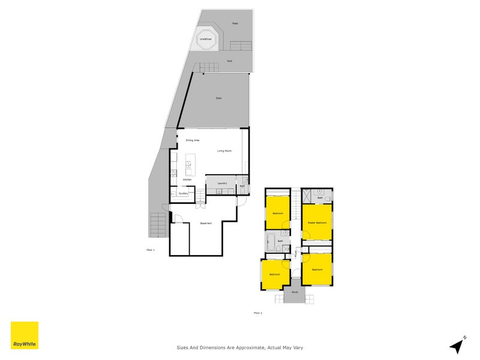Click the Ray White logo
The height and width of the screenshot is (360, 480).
[25, 335]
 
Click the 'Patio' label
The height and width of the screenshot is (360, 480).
[236, 23]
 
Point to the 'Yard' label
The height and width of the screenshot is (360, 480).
[229, 61]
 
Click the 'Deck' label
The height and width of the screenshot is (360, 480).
[219, 98]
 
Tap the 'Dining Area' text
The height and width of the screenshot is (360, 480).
[192, 140]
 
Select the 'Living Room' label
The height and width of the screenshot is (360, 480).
[224, 151]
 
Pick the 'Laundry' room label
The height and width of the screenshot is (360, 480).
[221, 183]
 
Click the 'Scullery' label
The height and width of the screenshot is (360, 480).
[184, 193]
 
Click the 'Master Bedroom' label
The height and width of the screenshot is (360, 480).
[317, 222]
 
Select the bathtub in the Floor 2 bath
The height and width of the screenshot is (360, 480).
[271, 245]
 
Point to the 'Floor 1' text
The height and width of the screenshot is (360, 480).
[151, 249]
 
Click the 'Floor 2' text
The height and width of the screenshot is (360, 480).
[258, 313]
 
